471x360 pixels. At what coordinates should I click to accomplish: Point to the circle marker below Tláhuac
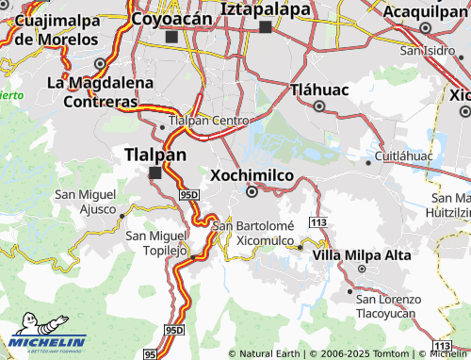coord(320,106)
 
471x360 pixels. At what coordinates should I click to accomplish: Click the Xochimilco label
coord(252,175)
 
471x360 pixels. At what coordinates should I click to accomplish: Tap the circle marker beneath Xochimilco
coord(252,192)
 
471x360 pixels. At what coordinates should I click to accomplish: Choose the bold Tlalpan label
coord(155,155)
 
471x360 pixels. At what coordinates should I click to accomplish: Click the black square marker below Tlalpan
coord(155,172)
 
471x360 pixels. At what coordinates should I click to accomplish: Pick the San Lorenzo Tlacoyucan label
coord(389,305)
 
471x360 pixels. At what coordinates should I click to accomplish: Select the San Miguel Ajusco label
coord(85,202)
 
